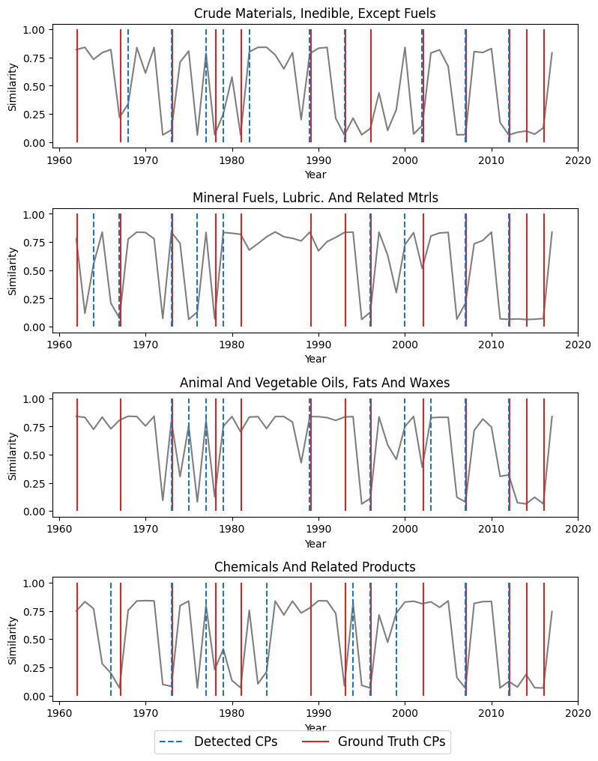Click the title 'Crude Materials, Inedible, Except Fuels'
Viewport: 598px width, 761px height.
coord(315,13)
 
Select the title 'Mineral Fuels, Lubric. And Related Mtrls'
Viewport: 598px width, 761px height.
coord(315,198)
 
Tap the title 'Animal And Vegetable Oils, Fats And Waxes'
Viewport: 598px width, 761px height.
coord(315,383)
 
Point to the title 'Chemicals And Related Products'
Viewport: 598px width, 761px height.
coord(315,567)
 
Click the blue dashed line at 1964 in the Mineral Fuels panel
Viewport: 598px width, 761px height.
coord(94,270)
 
